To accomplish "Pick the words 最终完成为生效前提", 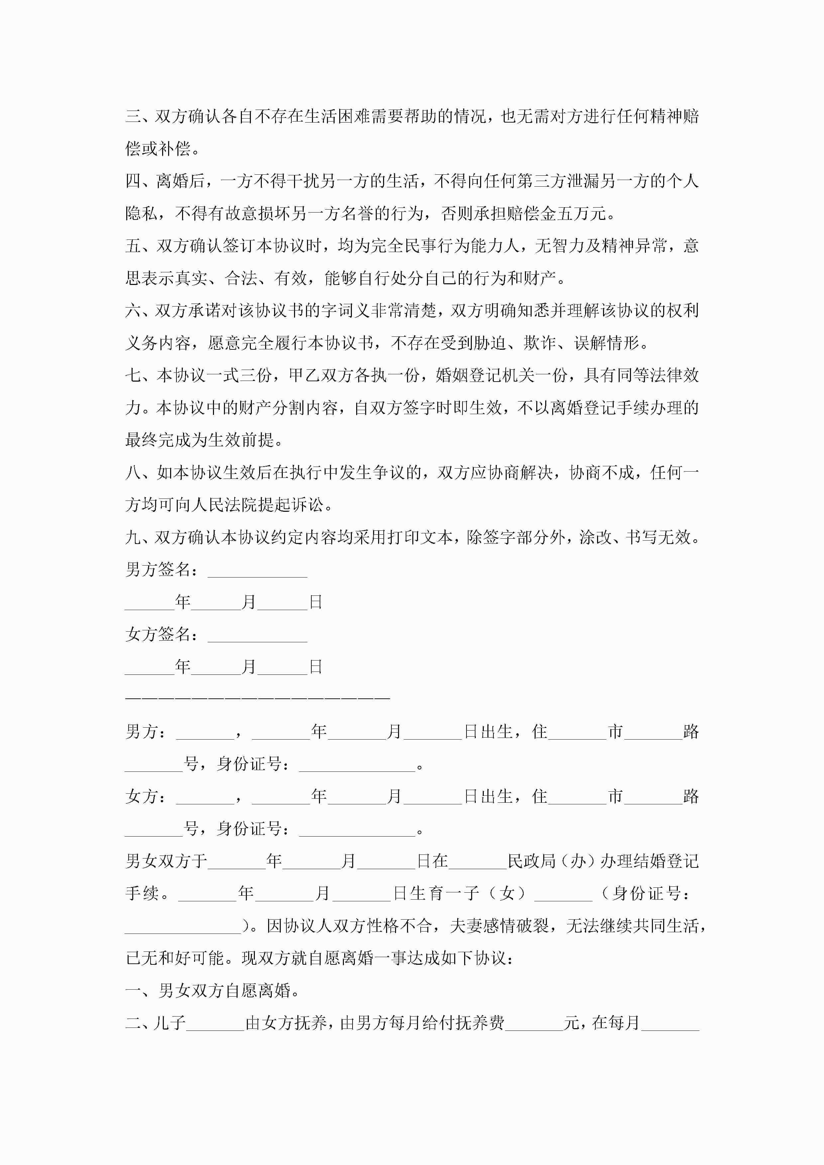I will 204,440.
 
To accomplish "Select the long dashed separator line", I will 257,699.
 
